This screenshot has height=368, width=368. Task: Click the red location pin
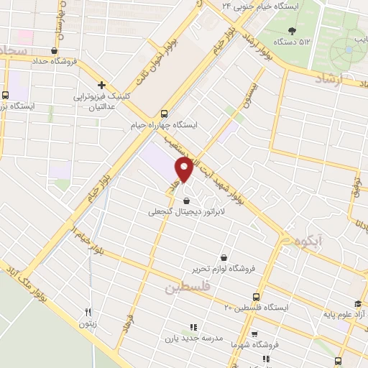tap(184, 170)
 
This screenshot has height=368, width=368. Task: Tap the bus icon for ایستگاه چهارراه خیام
tap(165, 113)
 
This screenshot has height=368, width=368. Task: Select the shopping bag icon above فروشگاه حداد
tap(55, 50)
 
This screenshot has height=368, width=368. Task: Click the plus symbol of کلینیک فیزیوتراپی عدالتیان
tap(101, 84)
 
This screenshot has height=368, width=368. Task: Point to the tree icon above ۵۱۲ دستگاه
tap(291, 30)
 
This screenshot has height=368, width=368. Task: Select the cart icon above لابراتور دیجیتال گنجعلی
tap(187, 201)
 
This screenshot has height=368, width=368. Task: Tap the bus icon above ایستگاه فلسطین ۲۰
tap(257, 296)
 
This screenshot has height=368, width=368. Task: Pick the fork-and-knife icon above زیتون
tap(88, 312)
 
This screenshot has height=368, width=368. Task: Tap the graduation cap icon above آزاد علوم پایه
tap(358, 303)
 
